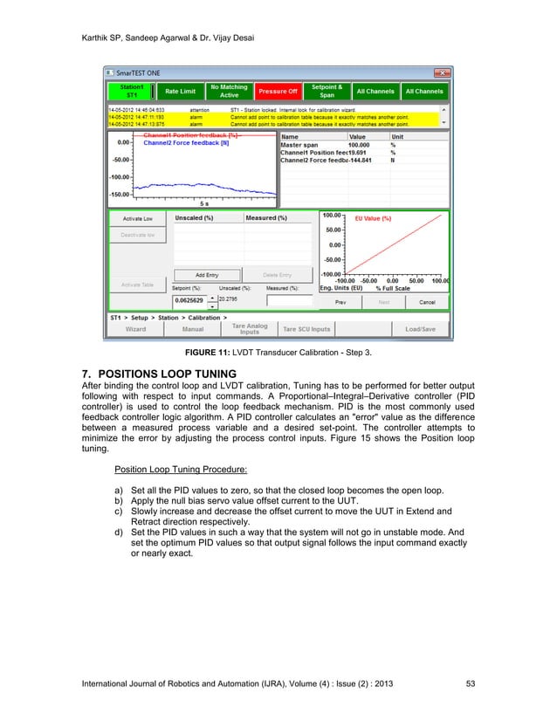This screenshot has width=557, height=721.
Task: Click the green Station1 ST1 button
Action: (x=130, y=91)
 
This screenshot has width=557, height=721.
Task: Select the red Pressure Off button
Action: (x=277, y=91)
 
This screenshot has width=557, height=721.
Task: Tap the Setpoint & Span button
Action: (x=327, y=91)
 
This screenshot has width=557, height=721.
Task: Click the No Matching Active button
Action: (x=229, y=91)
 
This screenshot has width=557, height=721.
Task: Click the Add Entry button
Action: (x=206, y=275)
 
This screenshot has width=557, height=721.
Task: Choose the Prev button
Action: (x=341, y=302)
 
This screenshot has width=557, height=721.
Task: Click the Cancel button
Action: (x=427, y=302)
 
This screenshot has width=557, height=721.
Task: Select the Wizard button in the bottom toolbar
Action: (x=135, y=329)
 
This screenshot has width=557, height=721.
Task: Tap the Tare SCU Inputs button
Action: (x=306, y=329)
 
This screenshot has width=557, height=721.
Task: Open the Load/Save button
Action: (x=420, y=329)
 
